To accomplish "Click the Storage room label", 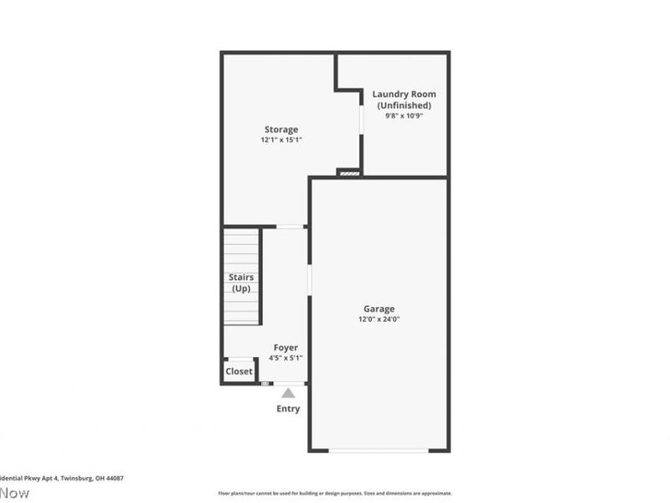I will [281, 130].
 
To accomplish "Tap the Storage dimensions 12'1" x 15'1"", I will [281, 140].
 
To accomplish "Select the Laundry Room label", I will [405, 94].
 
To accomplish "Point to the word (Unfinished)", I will [405, 106].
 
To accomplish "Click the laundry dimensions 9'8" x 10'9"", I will [405, 117].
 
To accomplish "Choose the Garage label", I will [379, 309].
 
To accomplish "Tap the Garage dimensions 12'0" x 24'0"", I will [379, 319].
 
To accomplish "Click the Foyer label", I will [286, 348].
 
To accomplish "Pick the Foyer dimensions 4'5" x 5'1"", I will [286, 358].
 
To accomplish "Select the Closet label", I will [239, 371].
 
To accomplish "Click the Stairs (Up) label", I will [242, 283].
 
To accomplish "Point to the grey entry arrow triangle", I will [288, 392].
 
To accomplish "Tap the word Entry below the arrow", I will [288, 409].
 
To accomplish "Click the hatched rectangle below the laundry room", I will [348, 174].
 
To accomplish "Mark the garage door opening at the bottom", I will [378, 451].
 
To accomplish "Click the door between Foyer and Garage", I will [309, 280].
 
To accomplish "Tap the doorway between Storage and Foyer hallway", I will [290, 226].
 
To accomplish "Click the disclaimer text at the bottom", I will [335, 493].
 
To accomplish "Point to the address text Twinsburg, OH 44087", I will [93, 479].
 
